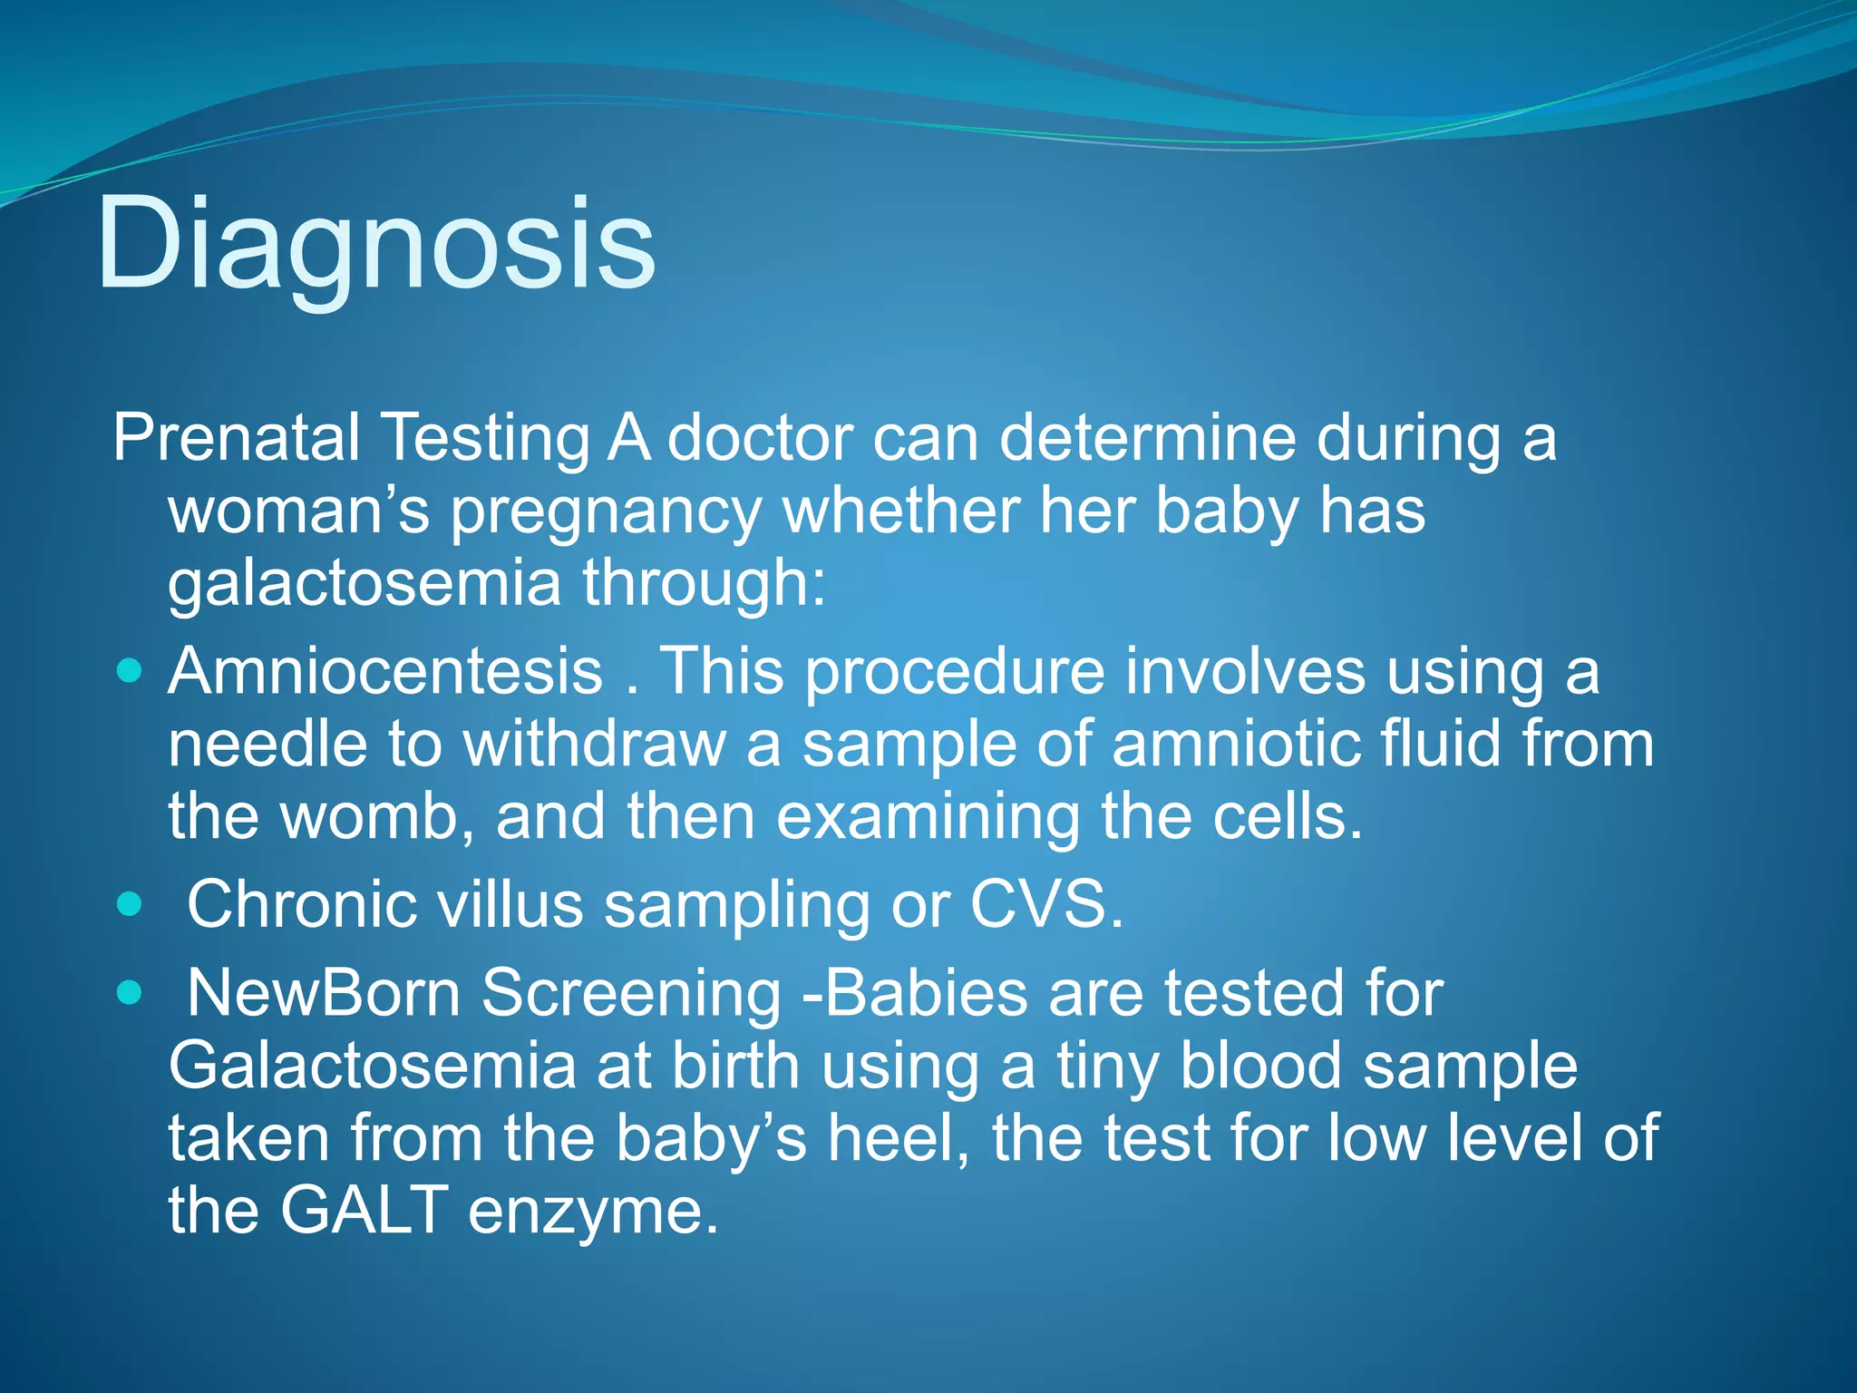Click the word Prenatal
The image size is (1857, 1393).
coord(236,439)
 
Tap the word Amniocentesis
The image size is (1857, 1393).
coord(385,672)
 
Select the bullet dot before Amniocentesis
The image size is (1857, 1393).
coord(131,672)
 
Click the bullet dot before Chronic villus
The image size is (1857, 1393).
coord(131,905)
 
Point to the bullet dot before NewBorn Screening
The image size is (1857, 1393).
coord(131,993)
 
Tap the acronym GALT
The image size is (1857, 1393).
coord(363,1211)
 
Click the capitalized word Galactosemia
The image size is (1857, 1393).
coord(372,1067)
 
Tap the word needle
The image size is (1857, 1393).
coord(267,745)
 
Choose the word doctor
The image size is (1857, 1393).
coord(760,439)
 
